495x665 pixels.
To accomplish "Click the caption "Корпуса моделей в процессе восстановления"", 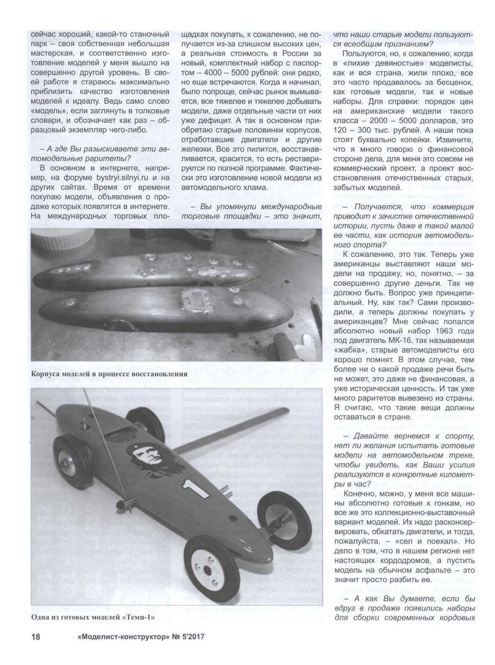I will click(109, 374).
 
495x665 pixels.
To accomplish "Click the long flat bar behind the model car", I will click(230, 431).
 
